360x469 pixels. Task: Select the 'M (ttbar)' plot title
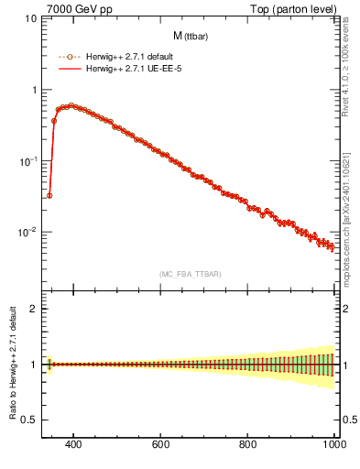tap(188, 36)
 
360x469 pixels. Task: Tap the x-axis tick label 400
tap(75, 445)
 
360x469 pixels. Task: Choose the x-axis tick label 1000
tap(333, 445)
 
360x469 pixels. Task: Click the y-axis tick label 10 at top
tap(27, 19)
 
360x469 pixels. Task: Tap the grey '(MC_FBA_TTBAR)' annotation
tap(188, 274)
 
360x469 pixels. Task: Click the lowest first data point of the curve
tap(49, 195)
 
